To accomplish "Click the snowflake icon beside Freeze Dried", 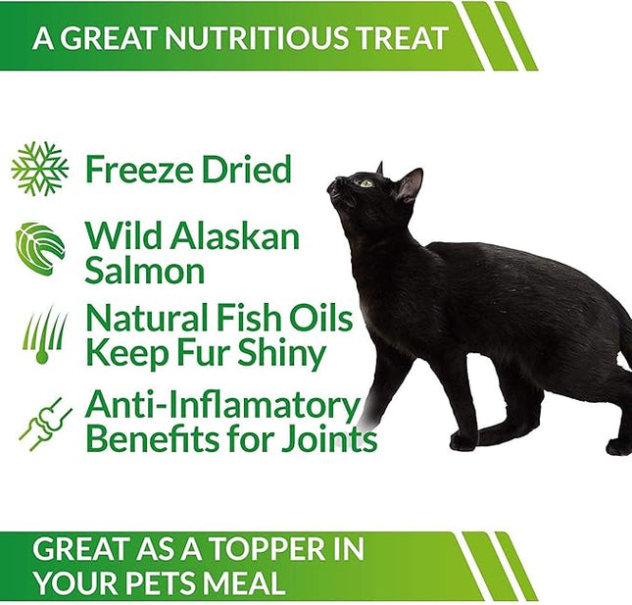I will [40, 169].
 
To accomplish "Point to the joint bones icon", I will [45, 424].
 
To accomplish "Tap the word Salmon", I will [144, 271].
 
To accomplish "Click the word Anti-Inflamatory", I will [222, 405].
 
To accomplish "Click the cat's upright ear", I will [410, 184].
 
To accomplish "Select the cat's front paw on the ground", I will [463, 442].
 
